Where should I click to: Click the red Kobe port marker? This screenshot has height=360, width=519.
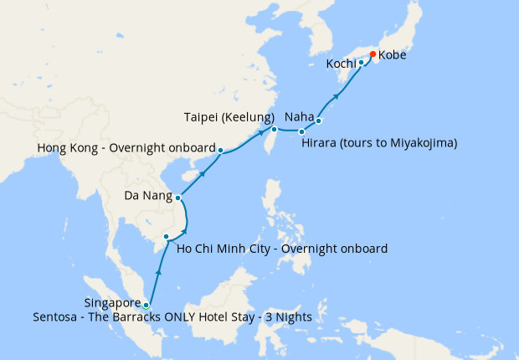373,55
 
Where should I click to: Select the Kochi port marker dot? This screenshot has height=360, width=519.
361,63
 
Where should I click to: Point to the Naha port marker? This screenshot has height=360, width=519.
319,121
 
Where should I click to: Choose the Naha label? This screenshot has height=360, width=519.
299,116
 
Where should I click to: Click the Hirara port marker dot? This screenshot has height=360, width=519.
301,131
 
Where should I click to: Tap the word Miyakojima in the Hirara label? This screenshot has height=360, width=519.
422,143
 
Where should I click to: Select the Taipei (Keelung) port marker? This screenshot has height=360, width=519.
274,129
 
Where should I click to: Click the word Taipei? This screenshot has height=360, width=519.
202,116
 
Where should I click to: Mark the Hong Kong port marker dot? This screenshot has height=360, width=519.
220,151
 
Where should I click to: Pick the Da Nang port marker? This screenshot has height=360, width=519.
178,198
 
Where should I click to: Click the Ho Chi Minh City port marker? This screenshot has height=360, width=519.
167,237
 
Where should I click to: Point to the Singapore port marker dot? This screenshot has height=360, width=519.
146,306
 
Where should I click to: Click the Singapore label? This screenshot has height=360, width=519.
113,302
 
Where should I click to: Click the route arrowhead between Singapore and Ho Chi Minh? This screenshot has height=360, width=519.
158,275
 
